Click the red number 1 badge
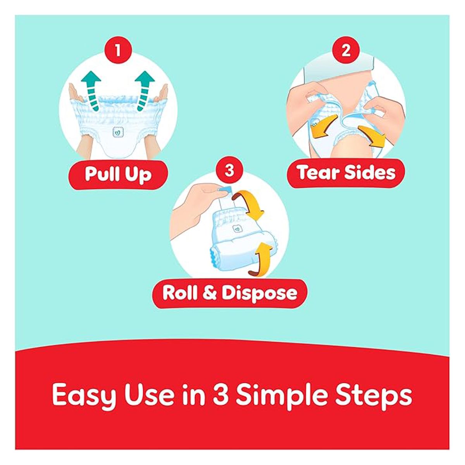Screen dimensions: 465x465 pos(118,51)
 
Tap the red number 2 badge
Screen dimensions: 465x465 pos(346,51)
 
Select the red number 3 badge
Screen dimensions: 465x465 pos(229,170)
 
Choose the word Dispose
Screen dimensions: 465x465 pos(259,294)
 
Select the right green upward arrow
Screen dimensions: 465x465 pos(144,90)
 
